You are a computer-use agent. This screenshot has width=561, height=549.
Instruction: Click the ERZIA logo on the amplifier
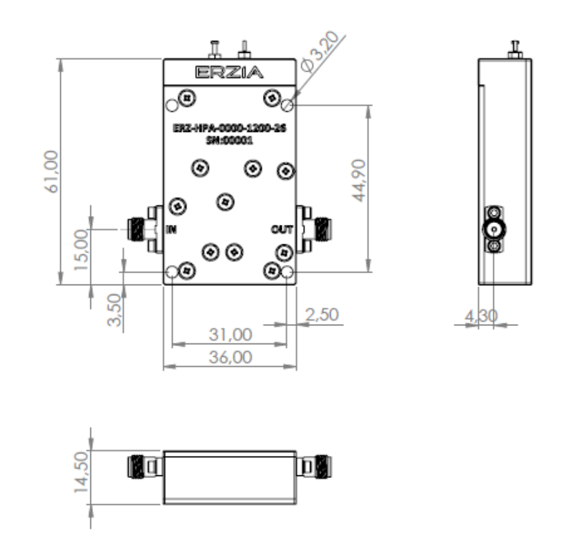[x=230, y=72]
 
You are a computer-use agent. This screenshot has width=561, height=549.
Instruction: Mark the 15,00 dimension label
[x=80, y=249]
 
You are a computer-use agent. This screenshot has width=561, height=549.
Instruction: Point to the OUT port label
[x=282, y=230]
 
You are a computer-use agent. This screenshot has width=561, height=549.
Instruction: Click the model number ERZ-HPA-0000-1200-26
[x=230, y=131]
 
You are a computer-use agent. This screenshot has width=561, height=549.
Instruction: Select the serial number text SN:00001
[x=230, y=141]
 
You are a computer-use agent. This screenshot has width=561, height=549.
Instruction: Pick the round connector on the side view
[x=494, y=230]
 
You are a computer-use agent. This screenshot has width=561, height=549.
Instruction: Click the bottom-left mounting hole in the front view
[x=171, y=272]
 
